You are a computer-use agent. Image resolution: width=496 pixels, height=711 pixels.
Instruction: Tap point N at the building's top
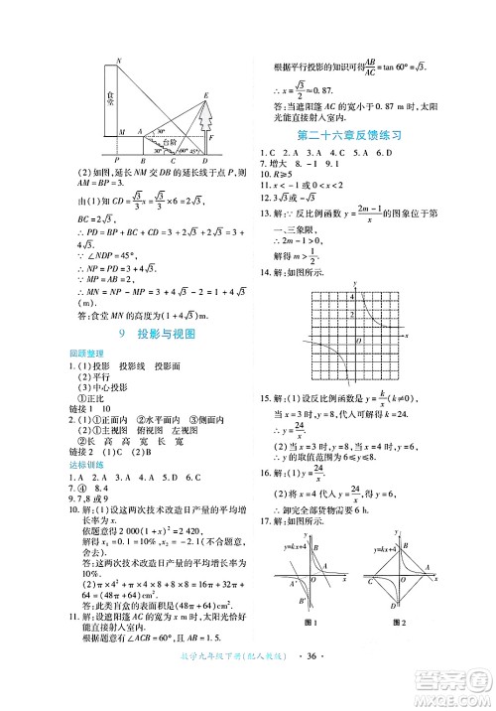tap(118, 62)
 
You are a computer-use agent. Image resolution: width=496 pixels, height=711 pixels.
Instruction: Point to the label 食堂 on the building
tap(109, 98)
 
